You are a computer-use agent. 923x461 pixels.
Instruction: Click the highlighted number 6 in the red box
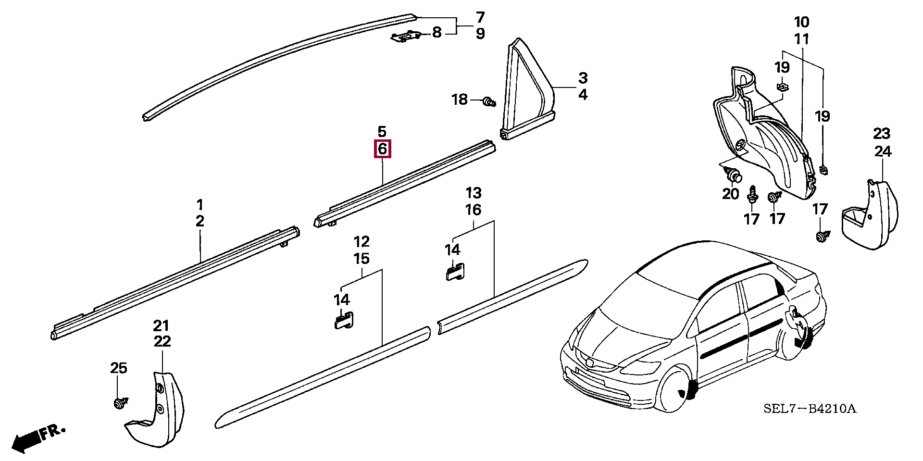click(x=382, y=149)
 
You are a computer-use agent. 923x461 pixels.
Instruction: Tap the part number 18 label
click(x=459, y=100)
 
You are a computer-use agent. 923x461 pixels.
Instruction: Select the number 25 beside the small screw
click(x=119, y=368)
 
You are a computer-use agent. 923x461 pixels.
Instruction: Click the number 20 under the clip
click(x=730, y=194)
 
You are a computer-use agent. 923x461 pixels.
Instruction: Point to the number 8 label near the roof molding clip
click(x=436, y=33)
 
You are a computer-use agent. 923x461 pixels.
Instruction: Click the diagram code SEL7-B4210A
click(x=810, y=409)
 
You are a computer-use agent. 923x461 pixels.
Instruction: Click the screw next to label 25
click(x=118, y=403)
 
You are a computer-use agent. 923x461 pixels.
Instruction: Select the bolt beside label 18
click(x=490, y=101)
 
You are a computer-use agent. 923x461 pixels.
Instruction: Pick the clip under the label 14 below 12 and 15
click(x=344, y=320)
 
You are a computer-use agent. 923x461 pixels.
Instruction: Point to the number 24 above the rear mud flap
click(x=883, y=151)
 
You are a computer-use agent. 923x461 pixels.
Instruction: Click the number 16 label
click(x=473, y=210)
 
